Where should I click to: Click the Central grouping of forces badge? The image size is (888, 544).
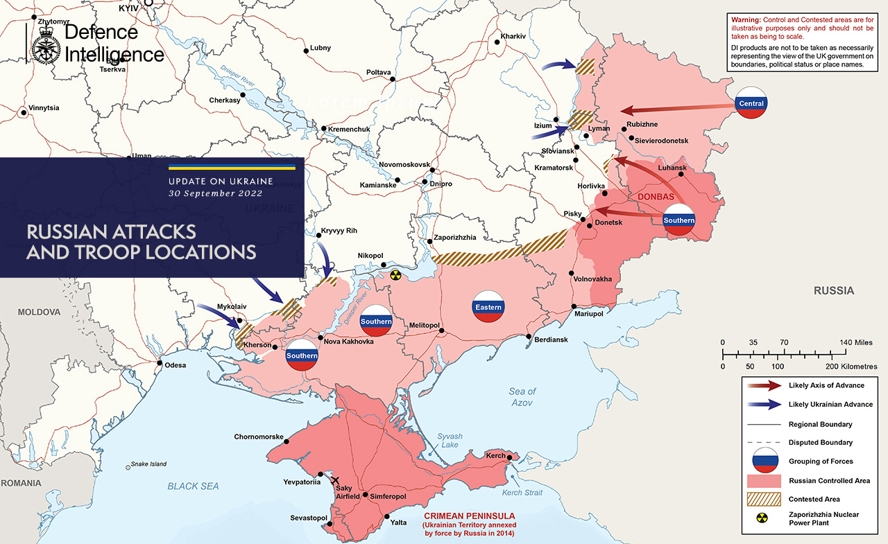coord(751,103)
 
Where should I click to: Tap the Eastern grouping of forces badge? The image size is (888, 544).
coord(488,306)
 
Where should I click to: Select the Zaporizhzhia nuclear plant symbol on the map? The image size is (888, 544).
coord(395,275)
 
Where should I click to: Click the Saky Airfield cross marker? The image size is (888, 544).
coord(336,480)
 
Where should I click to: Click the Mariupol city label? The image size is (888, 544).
coord(589,314)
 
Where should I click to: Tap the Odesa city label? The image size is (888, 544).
coord(175,365)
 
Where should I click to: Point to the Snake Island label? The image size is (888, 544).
coord(149,464)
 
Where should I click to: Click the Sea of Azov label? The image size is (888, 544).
coord(522,397)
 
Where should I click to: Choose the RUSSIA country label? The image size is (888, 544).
coord(834,290)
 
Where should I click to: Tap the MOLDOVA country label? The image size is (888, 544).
coord(40,313)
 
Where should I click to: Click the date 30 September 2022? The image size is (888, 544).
coord(215,194)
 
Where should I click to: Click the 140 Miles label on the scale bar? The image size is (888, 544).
coord(855,342)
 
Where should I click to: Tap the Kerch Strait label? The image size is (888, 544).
coord(522,493)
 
